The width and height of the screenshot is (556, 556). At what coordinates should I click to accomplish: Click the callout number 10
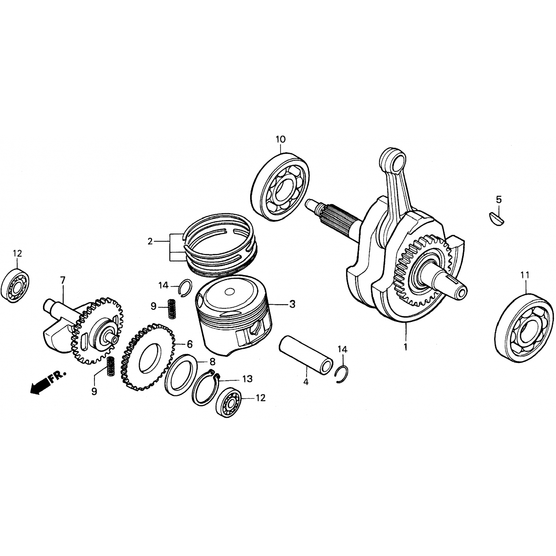pos(281,139)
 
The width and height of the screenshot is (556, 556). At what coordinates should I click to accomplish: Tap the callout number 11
pos(525,275)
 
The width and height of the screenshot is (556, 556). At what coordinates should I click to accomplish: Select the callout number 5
pos(499,200)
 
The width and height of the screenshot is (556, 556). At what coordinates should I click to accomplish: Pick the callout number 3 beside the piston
pos(292,304)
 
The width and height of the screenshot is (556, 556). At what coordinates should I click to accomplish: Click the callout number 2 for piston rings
pos(150,242)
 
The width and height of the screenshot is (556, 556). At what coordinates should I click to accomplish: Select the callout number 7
pos(63,280)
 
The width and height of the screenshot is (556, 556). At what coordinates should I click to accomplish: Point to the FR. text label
pos(57,374)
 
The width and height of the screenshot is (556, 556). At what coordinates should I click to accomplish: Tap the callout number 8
pos(212,362)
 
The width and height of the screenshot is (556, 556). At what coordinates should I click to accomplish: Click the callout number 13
pos(248,379)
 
